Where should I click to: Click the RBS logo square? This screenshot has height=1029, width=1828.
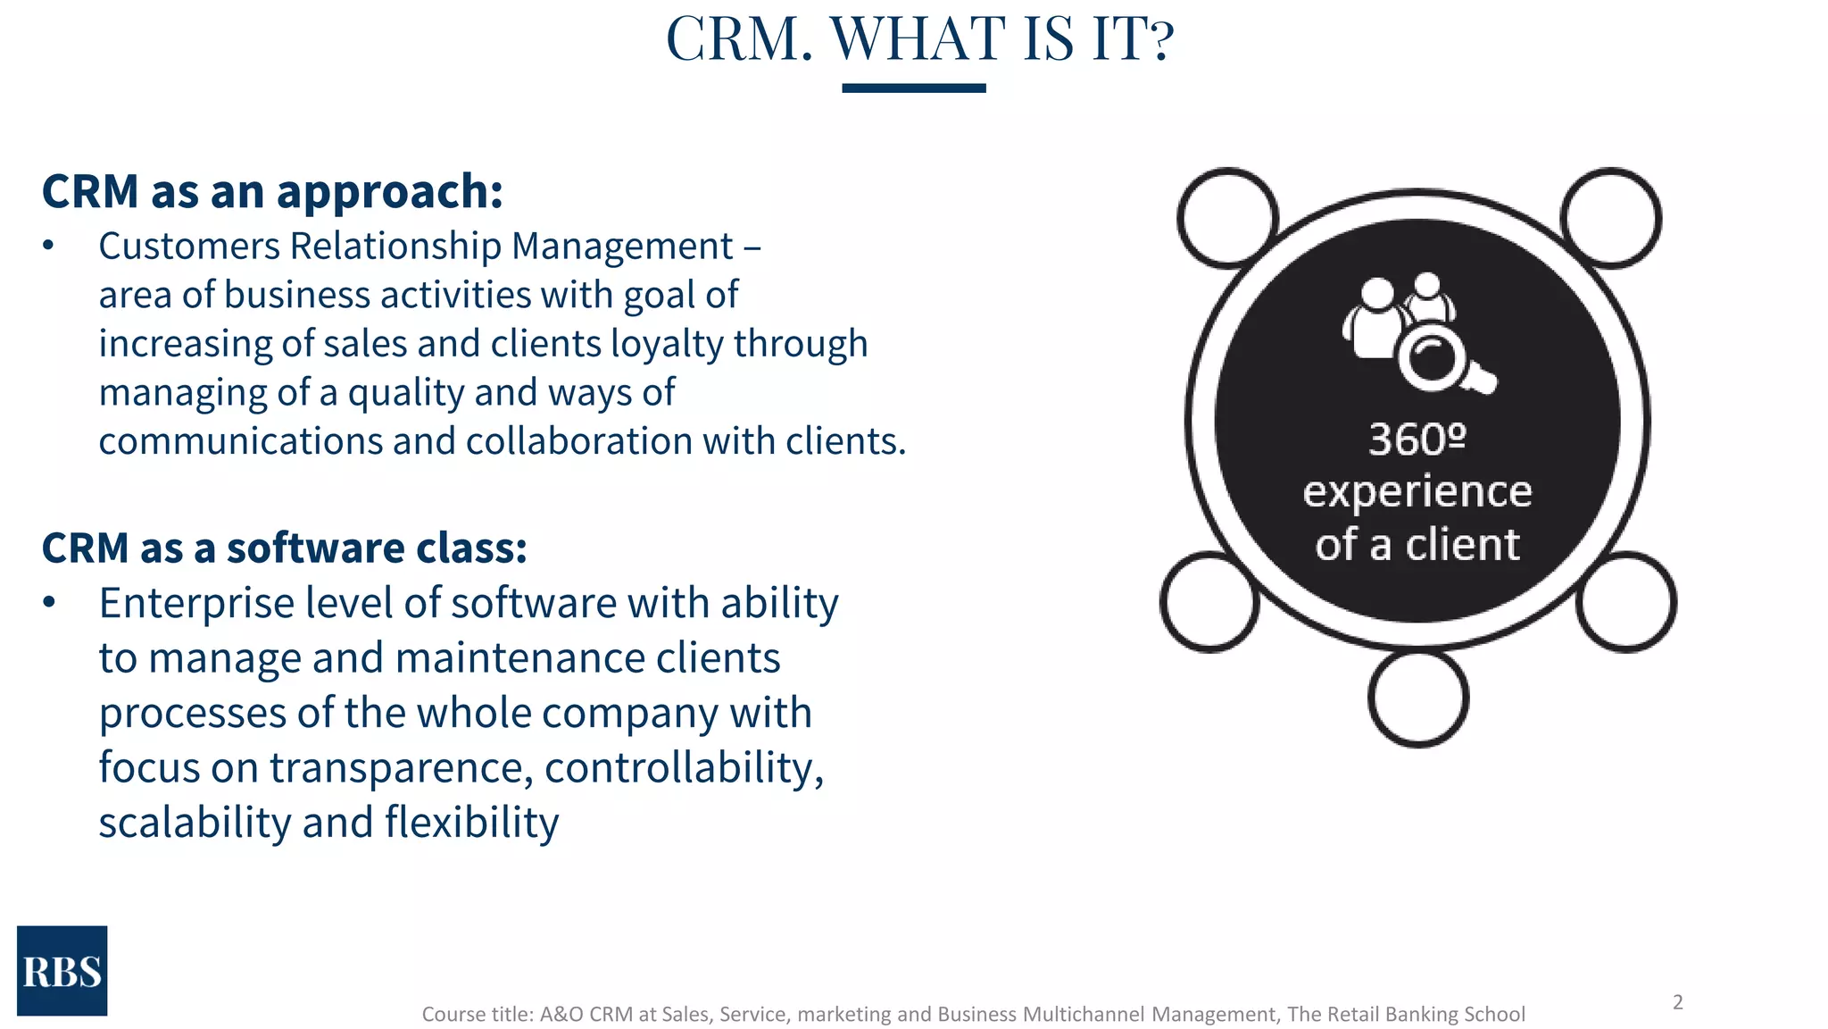[x=62, y=970]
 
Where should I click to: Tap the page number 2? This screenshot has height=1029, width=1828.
[x=1677, y=1002]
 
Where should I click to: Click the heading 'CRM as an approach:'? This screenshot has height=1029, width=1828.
[x=272, y=191]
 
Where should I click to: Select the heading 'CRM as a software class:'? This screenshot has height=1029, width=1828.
[x=284, y=548]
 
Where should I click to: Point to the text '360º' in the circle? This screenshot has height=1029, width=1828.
[x=1417, y=439]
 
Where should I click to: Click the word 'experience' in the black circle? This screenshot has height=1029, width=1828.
[x=1417, y=492]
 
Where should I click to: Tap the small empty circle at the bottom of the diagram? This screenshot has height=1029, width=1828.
[x=1417, y=699]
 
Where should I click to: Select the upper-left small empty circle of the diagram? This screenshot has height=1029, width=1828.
[x=1227, y=218]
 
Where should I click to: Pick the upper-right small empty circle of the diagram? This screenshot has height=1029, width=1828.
[x=1610, y=218]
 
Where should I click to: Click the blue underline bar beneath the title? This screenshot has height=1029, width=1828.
[x=913, y=88]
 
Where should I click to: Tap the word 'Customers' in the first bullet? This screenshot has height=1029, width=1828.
[x=189, y=247]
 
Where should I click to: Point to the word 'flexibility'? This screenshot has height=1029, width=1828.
[x=471, y=823]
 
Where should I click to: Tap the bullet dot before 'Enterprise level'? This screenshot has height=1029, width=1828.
[x=49, y=603]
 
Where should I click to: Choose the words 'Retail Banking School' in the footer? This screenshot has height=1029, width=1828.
[x=1419, y=1014]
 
